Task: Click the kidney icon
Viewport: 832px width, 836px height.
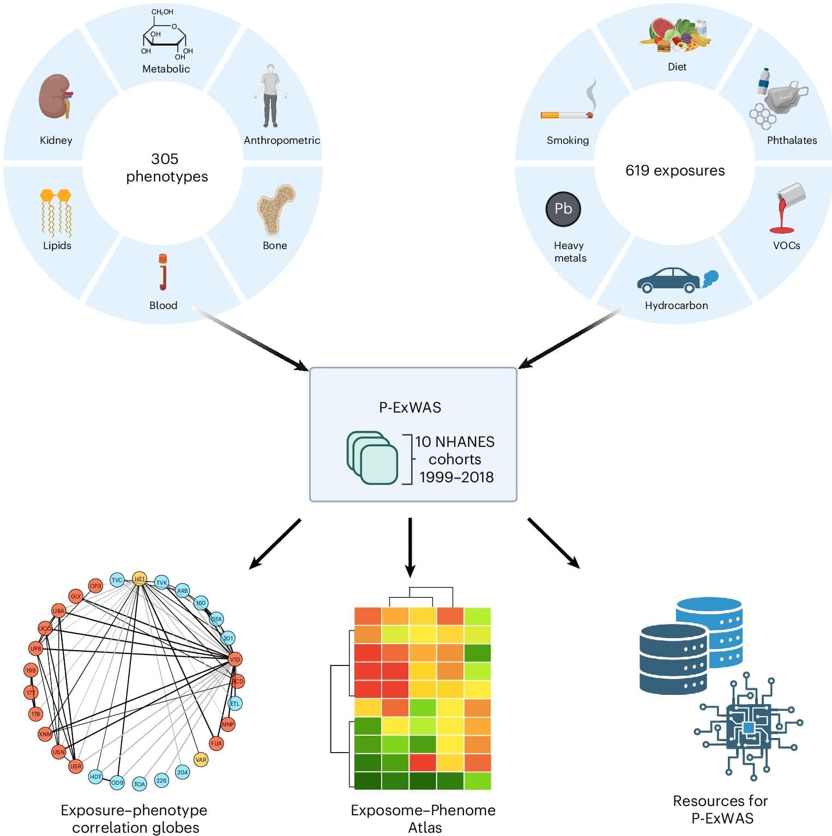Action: pos(55,97)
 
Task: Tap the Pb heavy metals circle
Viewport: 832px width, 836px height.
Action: pos(563,209)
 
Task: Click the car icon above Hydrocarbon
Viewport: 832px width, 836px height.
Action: pos(670,280)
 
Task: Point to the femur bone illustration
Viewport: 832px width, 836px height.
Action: pos(275,209)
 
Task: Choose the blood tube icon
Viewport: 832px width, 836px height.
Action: pos(162,272)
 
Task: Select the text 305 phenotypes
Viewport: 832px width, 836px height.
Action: pos(166,167)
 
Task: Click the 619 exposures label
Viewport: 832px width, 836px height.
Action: pos(674,171)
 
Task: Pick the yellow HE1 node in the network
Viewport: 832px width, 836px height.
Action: pos(140,579)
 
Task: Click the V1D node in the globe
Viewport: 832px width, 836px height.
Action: pos(234,659)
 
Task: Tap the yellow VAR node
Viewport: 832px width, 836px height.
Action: pos(201,760)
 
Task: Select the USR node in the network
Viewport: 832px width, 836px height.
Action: pos(76,766)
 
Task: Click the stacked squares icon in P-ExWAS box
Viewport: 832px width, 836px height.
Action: pos(372,458)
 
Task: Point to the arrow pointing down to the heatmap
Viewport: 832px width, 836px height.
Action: pos(410,547)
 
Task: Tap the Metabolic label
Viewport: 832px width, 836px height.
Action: pos(166,69)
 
